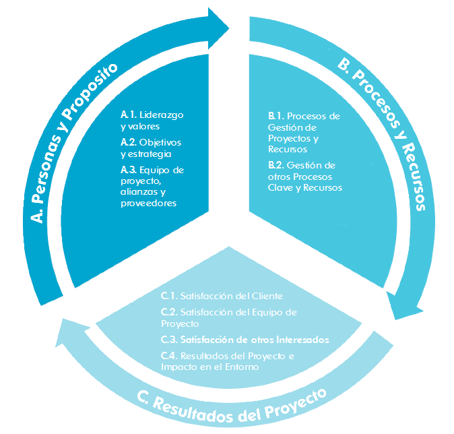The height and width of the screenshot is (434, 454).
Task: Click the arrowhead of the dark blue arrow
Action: pyautogui.click(x=217, y=28)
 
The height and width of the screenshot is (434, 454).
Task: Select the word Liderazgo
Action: pyautogui.click(x=162, y=115)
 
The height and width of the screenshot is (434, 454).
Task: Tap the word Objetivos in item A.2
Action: pyautogui.click(x=160, y=143)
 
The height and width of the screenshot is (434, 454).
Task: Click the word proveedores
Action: pyautogui.click(x=149, y=204)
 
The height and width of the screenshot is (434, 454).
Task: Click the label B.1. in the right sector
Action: pyautogui.click(x=276, y=116)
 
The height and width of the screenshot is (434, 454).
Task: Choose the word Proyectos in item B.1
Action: pyautogui.click(x=290, y=139)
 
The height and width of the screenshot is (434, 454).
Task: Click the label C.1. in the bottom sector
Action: pyautogui.click(x=169, y=296)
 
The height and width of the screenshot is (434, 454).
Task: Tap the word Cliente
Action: pyautogui.click(x=267, y=296)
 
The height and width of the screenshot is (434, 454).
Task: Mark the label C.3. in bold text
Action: pyautogui.click(x=169, y=340)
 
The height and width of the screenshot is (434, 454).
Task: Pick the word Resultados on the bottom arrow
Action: pyautogui.click(x=193, y=408)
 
